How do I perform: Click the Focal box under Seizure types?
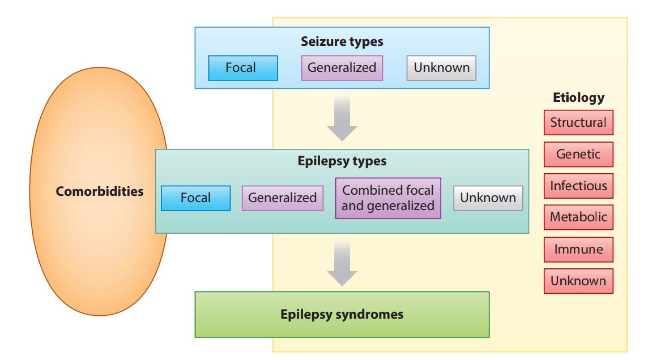click(243, 68)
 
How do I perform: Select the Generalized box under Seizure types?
click(342, 68)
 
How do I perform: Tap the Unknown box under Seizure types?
click(441, 68)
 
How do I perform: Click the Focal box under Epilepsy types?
click(195, 198)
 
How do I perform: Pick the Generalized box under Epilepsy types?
click(282, 198)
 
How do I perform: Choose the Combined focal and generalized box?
click(388, 198)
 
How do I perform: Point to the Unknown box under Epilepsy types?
click(488, 198)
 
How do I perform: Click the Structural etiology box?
click(578, 122)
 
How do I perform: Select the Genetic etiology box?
click(578, 154)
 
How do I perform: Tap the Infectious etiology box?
click(578, 186)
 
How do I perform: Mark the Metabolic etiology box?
click(578, 217)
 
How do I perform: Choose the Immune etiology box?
click(578, 249)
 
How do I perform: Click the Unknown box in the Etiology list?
click(578, 281)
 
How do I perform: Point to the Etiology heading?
click(578, 97)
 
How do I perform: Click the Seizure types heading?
click(342, 41)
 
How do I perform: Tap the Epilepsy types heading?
click(342, 161)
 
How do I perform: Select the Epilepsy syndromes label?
click(342, 314)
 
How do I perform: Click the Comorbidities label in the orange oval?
click(100, 191)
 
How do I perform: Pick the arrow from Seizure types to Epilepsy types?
click(342, 118)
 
